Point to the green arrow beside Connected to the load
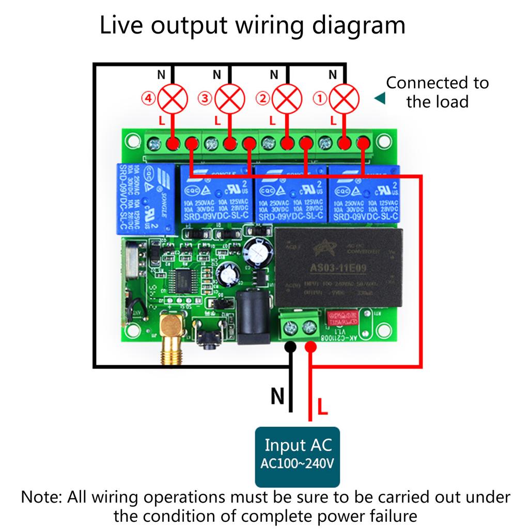point(380,98)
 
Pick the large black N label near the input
point(277,397)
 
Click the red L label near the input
point(322,407)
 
